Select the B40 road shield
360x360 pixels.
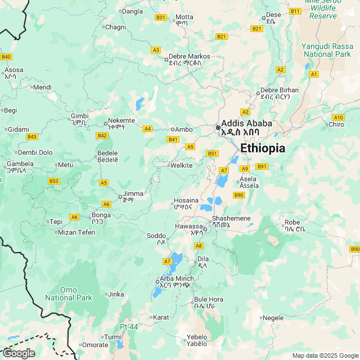(x=6, y=57)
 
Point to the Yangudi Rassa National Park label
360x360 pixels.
(x=326, y=50)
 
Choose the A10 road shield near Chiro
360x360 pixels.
(x=337, y=117)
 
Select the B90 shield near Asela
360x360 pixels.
(x=239, y=195)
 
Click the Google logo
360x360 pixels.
(x=19, y=353)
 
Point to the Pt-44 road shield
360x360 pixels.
(x=129, y=327)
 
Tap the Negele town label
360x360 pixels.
(x=273, y=318)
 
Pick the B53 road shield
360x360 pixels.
(x=54, y=181)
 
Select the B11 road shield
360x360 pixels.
(x=295, y=11)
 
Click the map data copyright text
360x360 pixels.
(x=325, y=355)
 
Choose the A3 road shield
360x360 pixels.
(x=156, y=50)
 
